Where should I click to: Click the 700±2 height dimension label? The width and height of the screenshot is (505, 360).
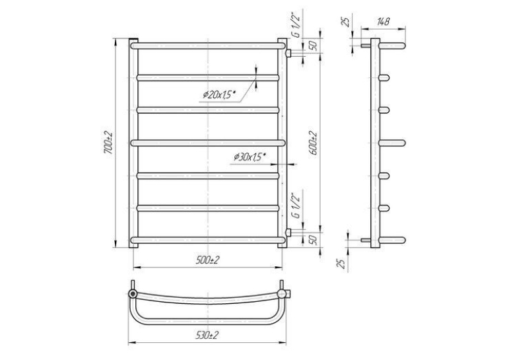108,143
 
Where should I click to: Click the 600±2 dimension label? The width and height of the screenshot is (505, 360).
314,143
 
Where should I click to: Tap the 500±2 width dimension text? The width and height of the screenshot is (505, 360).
207,260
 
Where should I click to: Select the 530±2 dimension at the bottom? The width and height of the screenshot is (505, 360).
207,335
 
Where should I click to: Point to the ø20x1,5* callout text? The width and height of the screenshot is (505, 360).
219,94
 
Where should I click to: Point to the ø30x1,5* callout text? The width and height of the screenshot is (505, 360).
250,157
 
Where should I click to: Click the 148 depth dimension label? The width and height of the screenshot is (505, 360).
383,22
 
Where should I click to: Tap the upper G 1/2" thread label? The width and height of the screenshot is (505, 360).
296,26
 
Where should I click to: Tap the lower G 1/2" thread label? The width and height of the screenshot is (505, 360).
296,205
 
